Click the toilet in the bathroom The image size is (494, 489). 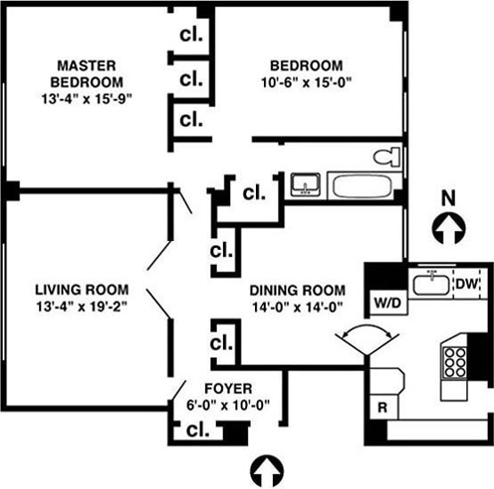[x=387, y=156]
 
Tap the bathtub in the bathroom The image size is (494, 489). [x=362, y=186]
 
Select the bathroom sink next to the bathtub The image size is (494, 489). [x=305, y=185]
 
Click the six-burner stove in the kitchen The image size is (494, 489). [x=455, y=362]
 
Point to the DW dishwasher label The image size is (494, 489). [x=467, y=284]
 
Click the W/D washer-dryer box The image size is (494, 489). [x=388, y=303]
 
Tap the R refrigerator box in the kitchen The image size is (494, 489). [x=383, y=407]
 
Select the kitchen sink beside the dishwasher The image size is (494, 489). [x=431, y=285]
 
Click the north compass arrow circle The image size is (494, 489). [x=449, y=228]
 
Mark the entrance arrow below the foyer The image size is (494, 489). [x=267, y=471]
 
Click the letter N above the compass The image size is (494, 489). [x=449, y=199]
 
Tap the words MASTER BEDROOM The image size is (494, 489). [x=86, y=74]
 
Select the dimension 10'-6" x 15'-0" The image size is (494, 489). [x=306, y=83]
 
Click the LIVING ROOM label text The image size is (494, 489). [x=82, y=290]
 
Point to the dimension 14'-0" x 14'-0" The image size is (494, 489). [x=298, y=307]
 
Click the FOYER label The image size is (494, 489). [x=228, y=388]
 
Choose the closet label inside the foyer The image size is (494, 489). [x=198, y=429]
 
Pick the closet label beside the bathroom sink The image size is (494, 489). [x=254, y=193]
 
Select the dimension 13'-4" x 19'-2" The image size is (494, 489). [x=82, y=306]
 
